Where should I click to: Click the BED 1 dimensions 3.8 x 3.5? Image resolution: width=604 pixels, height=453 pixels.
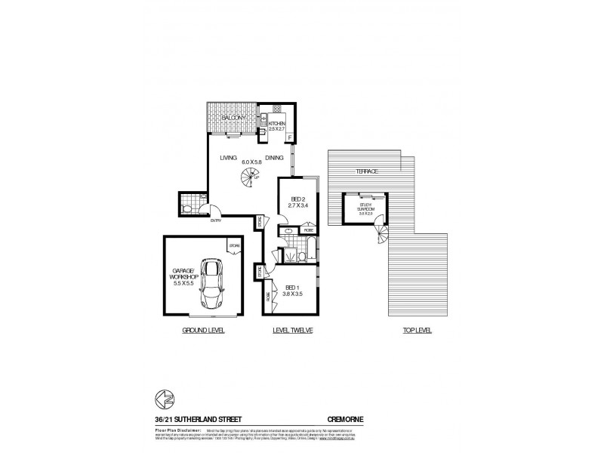point(294,295)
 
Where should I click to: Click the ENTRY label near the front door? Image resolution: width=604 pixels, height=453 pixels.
point(216,221)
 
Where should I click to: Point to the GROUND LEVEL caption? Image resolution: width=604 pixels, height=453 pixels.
point(203,331)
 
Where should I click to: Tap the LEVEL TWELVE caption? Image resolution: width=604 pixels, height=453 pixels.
point(292,331)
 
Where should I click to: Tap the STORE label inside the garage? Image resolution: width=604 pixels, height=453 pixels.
point(236,246)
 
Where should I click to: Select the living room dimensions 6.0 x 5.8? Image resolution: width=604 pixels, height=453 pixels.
point(251,161)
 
